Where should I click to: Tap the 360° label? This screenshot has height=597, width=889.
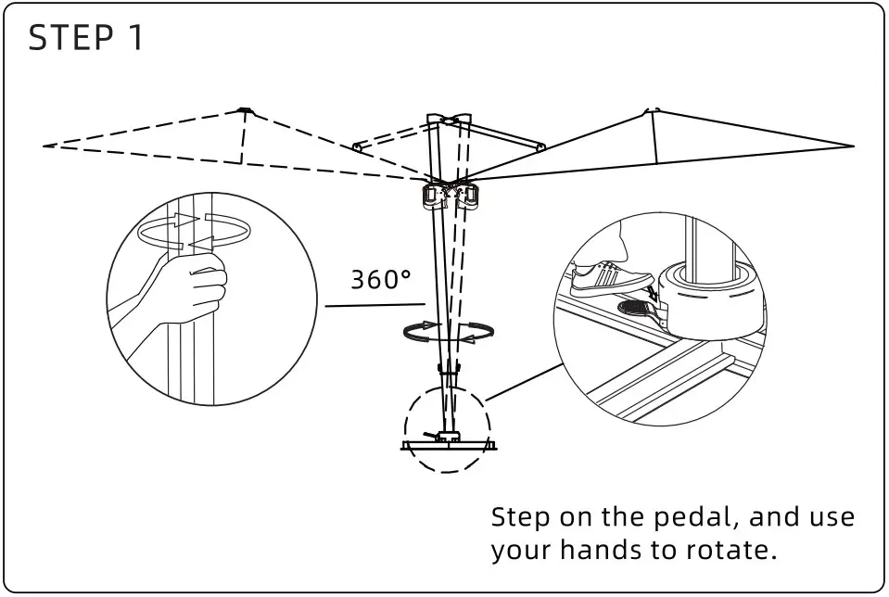coord(381,279)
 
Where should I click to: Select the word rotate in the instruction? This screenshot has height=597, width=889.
coord(728,550)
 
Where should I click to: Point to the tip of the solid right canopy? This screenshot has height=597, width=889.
coord(850,146)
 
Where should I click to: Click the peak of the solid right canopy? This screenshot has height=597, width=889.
coord(654,111)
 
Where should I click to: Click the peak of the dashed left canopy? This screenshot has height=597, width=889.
coord(245,111)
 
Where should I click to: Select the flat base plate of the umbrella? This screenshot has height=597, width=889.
coord(449,446)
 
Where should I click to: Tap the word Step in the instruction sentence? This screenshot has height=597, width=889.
coord(522,516)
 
